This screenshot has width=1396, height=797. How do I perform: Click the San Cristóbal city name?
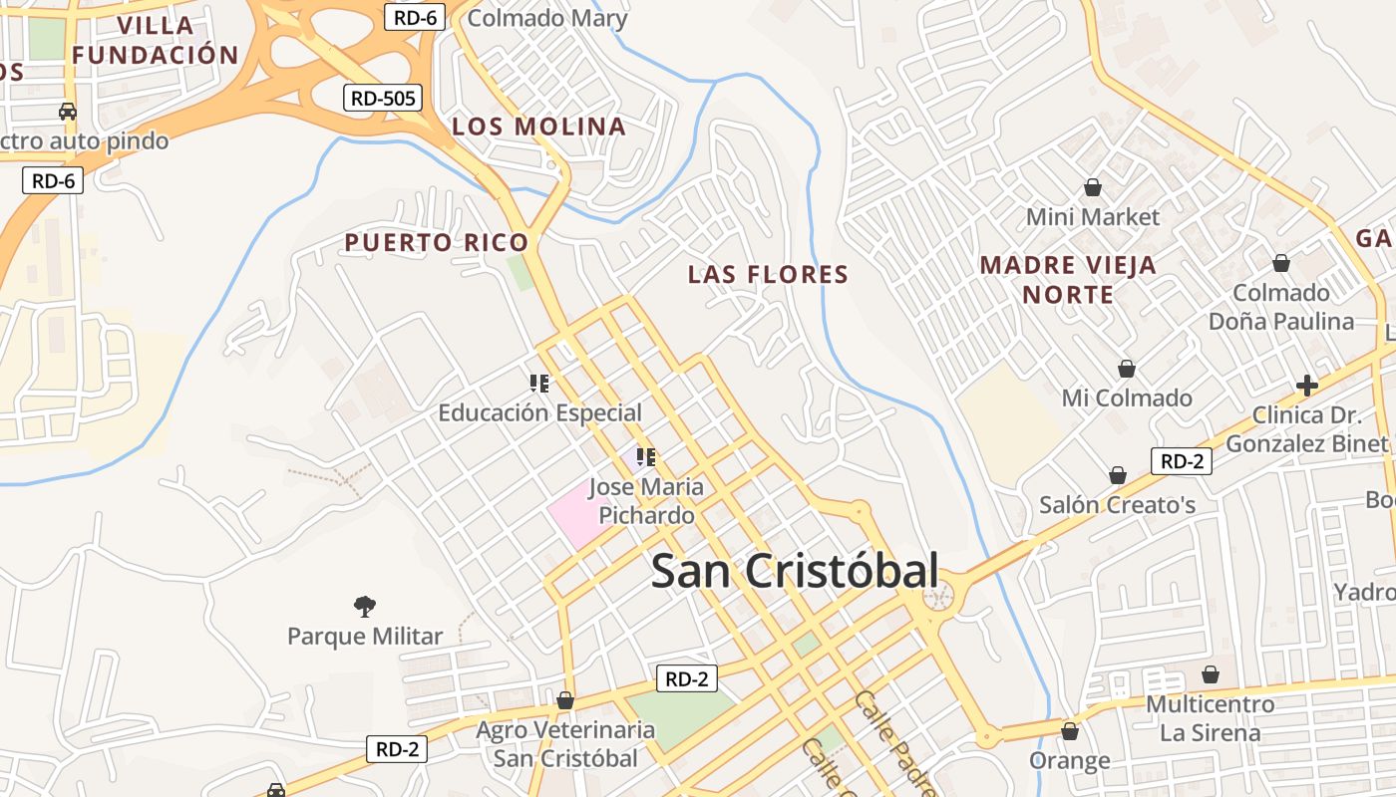795,572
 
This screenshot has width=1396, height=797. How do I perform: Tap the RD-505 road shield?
383,98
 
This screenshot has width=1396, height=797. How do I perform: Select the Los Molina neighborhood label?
538,127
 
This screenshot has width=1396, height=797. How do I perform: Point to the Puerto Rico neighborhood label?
436,242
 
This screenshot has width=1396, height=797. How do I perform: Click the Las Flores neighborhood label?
768,274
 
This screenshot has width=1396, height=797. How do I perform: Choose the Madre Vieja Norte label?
1068,280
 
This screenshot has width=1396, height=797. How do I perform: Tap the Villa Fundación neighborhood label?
155,40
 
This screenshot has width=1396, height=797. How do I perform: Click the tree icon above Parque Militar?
365,605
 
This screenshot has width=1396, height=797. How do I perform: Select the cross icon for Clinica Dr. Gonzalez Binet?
1306,386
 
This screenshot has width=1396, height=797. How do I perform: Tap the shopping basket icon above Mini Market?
1093,187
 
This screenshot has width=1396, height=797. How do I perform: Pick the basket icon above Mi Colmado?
1127,369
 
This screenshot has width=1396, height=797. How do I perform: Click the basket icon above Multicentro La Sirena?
1210,674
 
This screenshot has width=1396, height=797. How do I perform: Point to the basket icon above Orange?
1070,731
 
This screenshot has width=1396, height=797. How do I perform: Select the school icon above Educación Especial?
539,383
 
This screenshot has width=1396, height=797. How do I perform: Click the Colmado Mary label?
547,18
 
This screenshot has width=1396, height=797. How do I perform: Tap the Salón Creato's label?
1117,505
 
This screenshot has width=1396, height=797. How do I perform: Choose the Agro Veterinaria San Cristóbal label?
565,744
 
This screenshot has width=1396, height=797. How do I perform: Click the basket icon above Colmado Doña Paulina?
1281,263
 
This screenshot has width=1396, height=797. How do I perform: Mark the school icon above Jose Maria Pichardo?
645,457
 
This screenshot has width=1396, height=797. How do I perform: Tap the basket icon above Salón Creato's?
1118,475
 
